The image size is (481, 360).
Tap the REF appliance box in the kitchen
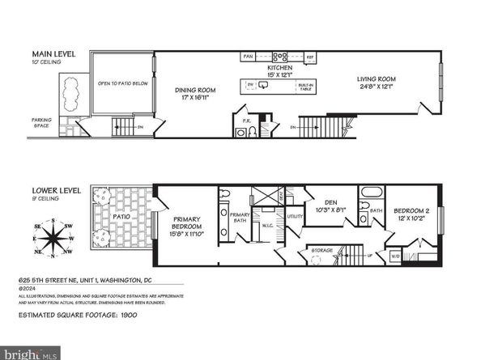(x=309, y=57)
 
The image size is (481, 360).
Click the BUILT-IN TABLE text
(x=307, y=87)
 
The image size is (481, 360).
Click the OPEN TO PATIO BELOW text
(x=123, y=83)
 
